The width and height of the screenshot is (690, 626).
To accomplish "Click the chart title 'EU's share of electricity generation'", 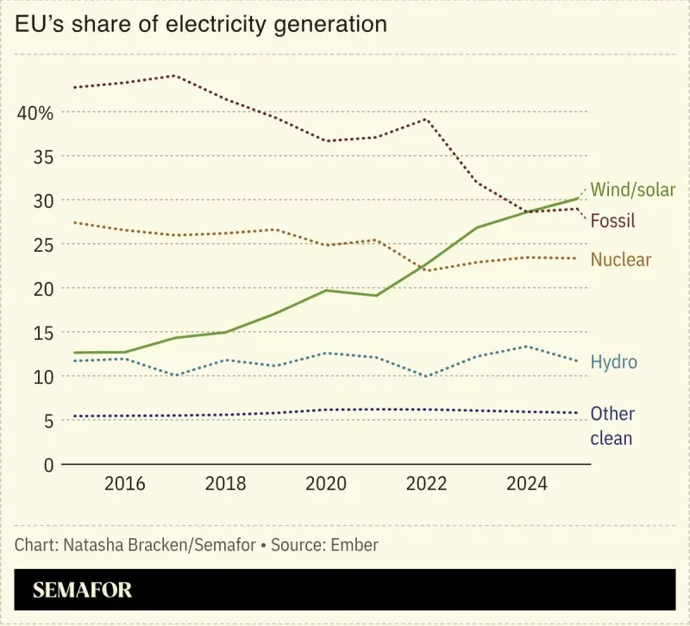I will tap(200, 25).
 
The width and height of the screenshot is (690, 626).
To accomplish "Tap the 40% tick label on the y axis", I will tap(34, 113).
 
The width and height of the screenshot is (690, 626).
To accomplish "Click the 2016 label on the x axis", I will tap(124, 484).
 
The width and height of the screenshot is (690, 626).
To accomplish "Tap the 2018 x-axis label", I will tap(225, 484).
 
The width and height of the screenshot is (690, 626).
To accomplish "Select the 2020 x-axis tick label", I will tap(325, 484).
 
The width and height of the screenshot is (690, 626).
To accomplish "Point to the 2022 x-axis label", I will tap(426, 484).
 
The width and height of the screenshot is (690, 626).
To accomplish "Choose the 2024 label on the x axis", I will tap(526, 484).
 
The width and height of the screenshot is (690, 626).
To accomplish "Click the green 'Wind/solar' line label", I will tap(632, 190).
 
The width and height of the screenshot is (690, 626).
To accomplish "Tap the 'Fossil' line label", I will tap(612, 222).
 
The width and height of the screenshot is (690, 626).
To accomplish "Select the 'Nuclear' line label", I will tap(620, 260).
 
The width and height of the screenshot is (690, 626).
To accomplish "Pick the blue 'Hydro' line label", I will tap(613, 362).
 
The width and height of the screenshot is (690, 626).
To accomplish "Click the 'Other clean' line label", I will tap(612, 426).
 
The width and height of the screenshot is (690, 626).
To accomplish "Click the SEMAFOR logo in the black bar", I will tap(83, 591).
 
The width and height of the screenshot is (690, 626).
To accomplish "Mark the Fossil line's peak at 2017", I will tap(174, 75).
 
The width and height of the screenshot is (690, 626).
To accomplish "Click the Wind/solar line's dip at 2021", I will tap(375, 296).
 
